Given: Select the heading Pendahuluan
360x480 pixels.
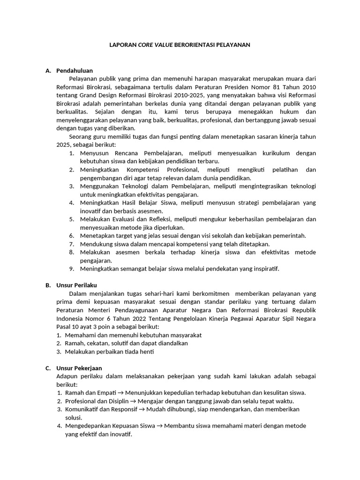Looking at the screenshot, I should (75, 70).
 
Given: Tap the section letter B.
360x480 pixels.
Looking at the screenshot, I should (48, 285).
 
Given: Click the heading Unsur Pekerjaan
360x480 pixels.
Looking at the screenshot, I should (79, 368).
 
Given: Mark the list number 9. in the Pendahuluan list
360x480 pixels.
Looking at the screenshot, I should (72, 269).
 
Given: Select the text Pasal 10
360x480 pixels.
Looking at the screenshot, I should (67, 326).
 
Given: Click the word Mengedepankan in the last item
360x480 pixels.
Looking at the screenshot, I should (87, 426).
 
